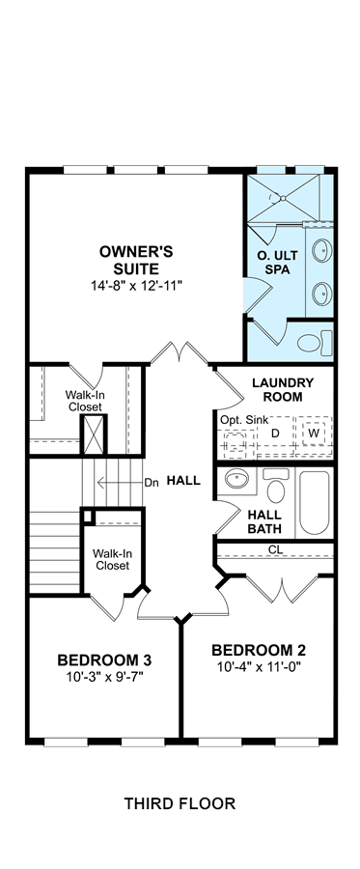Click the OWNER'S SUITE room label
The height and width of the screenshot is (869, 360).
click(136, 261)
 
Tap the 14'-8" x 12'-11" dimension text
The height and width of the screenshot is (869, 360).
click(137, 286)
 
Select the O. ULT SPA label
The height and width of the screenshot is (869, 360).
click(277, 264)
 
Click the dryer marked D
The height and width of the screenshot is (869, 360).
click(275, 434)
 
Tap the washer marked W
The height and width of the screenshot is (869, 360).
click(314, 434)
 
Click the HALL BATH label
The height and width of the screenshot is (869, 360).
click(264, 522)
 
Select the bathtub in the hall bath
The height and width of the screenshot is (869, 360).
click(314, 503)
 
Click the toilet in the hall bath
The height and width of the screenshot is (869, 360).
click(276, 486)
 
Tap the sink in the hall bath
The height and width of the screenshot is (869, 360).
click(236, 479)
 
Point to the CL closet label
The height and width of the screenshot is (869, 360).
click(276, 549)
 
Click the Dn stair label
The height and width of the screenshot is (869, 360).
click(152, 482)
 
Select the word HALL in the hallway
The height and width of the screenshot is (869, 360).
click(183, 481)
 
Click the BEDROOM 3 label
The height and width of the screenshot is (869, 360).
click(104, 660)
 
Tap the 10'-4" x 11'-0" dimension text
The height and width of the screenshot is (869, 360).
click(259, 665)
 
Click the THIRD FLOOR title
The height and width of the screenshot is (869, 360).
click(180, 803)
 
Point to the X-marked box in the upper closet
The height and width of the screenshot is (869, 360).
click(94, 434)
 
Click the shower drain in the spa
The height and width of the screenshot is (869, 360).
click(283, 197)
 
